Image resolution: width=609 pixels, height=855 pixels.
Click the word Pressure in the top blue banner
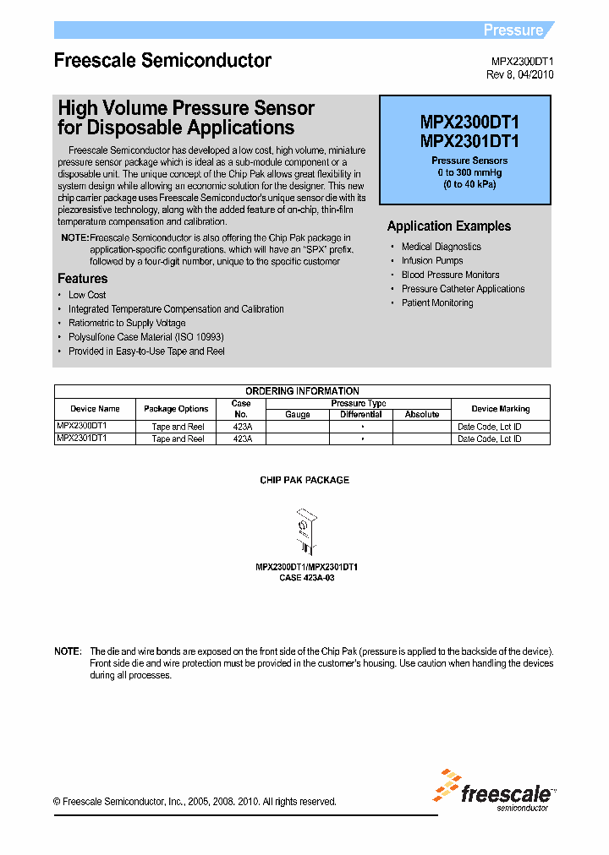pyautogui.click(x=513, y=30)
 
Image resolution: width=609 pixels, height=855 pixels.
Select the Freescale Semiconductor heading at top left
pyautogui.click(x=162, y=61)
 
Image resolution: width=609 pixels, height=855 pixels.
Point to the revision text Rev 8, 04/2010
pyautogui.click(x=520, y=74)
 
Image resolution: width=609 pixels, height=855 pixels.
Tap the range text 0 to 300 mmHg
pyautogui.click(x=469, y=172)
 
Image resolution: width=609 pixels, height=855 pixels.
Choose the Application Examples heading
pyautogui.click(x=448, y=226)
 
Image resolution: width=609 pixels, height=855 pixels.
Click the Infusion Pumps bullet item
pyautogui.click(x=432, y=261)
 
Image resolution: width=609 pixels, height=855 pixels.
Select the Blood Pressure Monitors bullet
pyautogui.click(x=450, y=275)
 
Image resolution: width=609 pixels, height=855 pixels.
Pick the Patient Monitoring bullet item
pyautogui.click(x=437, y=302)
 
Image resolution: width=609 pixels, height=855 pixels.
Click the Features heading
pyautogui.click(x=82, y=279)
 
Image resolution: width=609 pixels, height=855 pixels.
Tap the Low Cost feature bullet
pyautogui.click(x=87, y=295)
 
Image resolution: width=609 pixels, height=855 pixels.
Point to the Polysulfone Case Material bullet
pyautogui.click(x=145, y=337)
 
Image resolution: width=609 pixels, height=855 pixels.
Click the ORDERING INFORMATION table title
pyautogui.click(x=302, y=391)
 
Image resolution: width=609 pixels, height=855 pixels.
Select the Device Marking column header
pyautogui.click(x=500, y=409)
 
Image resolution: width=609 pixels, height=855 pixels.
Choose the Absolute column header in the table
pyautogui.click(x=421, y=415)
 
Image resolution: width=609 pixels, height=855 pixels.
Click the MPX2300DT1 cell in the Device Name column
pyautogui.click(x=82, y=427)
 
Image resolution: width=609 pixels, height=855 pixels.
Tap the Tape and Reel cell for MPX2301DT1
pyautogui.click(x=178, y=439)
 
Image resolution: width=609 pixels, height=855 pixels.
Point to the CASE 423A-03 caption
pyautogui.click(x=300, y=578)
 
